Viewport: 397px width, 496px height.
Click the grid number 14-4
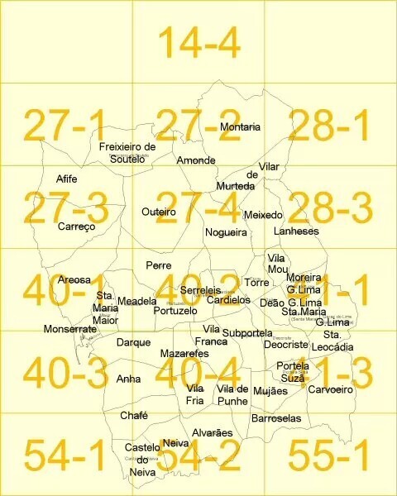[x=198, y=42]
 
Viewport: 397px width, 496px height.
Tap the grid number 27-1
[x=65, y=125]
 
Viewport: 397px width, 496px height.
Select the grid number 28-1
[x=330, y=125]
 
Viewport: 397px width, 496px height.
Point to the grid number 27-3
[x=65, y=207]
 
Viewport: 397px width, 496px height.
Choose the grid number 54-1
[x=65, y=455]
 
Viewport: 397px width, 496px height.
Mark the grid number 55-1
[x=330, y=455]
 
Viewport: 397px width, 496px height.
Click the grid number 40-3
[x=65, y=372]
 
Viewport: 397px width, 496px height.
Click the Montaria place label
[x=240, y=127]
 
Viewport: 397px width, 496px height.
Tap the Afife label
[x=67, y=179]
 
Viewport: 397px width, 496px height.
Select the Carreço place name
[x=77, y=226]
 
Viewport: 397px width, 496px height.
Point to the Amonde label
[x=196, y=160]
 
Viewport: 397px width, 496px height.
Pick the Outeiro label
[x=159, y=212]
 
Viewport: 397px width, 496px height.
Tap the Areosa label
[x=74, y=280]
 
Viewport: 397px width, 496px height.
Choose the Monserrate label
[x=70, y=329]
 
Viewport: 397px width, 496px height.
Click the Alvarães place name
[x=207, y=432]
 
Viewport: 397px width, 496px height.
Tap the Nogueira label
[x=226, y=233]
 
